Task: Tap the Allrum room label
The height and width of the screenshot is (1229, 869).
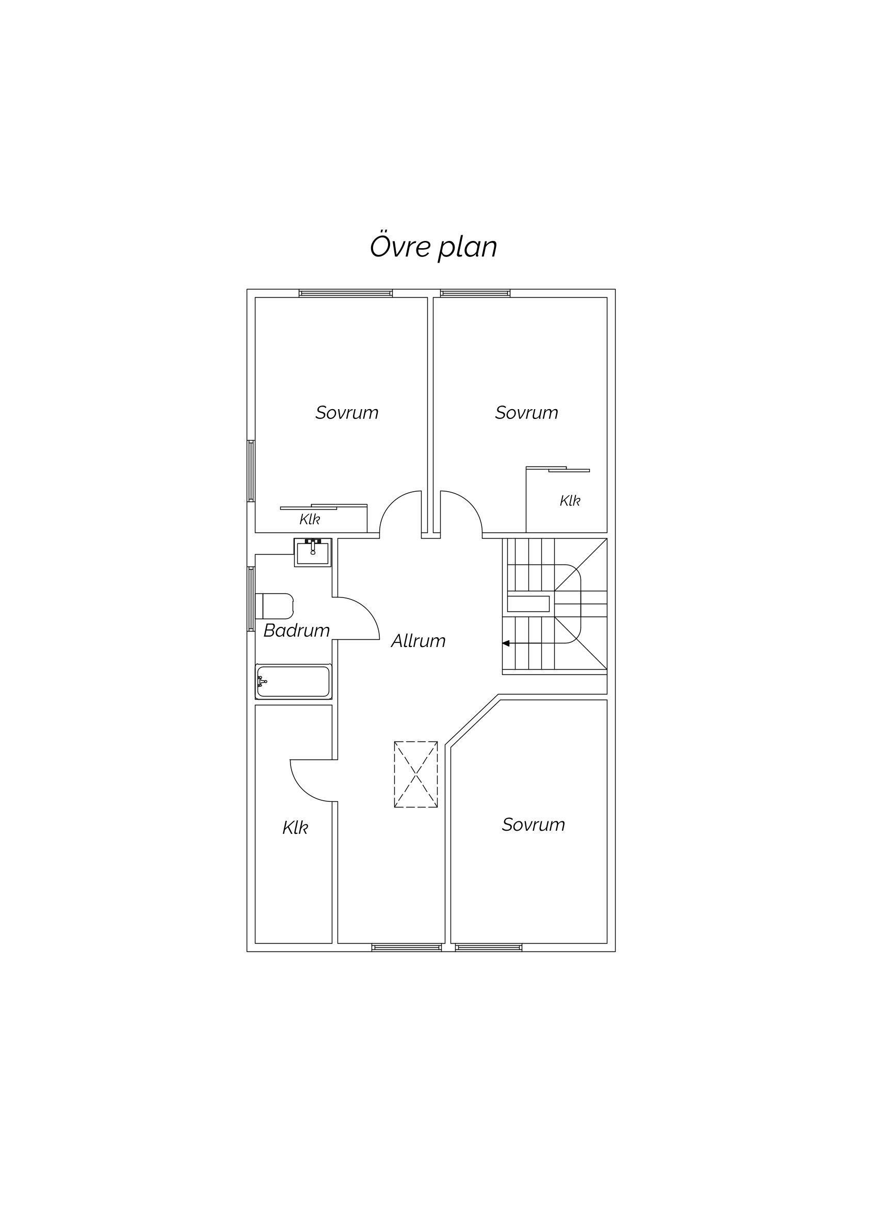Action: click(x=418, y=641)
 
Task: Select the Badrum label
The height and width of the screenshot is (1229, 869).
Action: click(x=296, y=630)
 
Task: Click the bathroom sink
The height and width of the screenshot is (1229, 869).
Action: click(x=313, y=553)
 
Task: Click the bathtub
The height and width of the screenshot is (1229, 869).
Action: click(x=294, y=682)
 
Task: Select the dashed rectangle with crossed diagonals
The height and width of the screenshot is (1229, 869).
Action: click(x=416, y=774)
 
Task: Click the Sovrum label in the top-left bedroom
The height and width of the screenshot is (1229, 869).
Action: click(x=347, y=413)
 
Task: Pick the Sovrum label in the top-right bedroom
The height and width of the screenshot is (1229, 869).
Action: click(x=526, y=413)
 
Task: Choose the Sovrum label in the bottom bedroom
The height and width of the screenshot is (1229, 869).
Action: click(x=533, y=825)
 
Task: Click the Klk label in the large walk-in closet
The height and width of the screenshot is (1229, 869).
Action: click(x=295, y=828)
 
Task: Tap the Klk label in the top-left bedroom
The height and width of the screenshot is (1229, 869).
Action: click(x=310, y=519)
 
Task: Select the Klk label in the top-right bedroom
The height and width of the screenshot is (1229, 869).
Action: click(x=570, y=501)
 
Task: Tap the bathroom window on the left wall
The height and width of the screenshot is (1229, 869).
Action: click(x=251, y=599)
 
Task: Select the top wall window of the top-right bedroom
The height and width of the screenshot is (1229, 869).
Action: click(x=475, y=294)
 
